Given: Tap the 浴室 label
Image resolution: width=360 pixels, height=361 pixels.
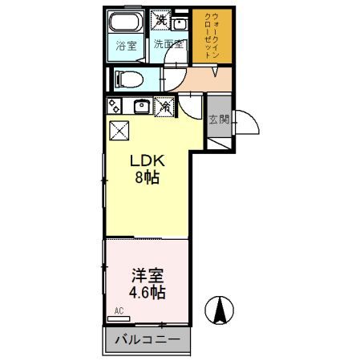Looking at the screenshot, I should [x=127, y=45].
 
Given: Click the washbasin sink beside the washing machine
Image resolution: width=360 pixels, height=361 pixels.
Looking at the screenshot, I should [x=180, y=23].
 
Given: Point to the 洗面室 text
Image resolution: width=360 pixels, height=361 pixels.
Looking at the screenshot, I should [x=169, y=45].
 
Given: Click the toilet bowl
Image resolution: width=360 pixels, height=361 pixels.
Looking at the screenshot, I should [x=128, y=79].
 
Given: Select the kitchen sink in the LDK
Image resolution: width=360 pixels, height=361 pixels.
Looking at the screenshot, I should [x=142, y=105].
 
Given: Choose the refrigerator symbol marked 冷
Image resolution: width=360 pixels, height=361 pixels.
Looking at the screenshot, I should [x=165, y=105].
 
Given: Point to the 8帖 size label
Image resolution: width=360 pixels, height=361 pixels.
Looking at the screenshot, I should [x=147, y=178].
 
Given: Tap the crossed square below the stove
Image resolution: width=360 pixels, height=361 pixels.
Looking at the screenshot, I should [x=118, y=128].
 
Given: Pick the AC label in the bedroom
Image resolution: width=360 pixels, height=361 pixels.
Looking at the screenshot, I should [x=118, y=310].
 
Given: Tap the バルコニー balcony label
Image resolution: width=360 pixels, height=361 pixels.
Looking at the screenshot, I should [x=147, y=340].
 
